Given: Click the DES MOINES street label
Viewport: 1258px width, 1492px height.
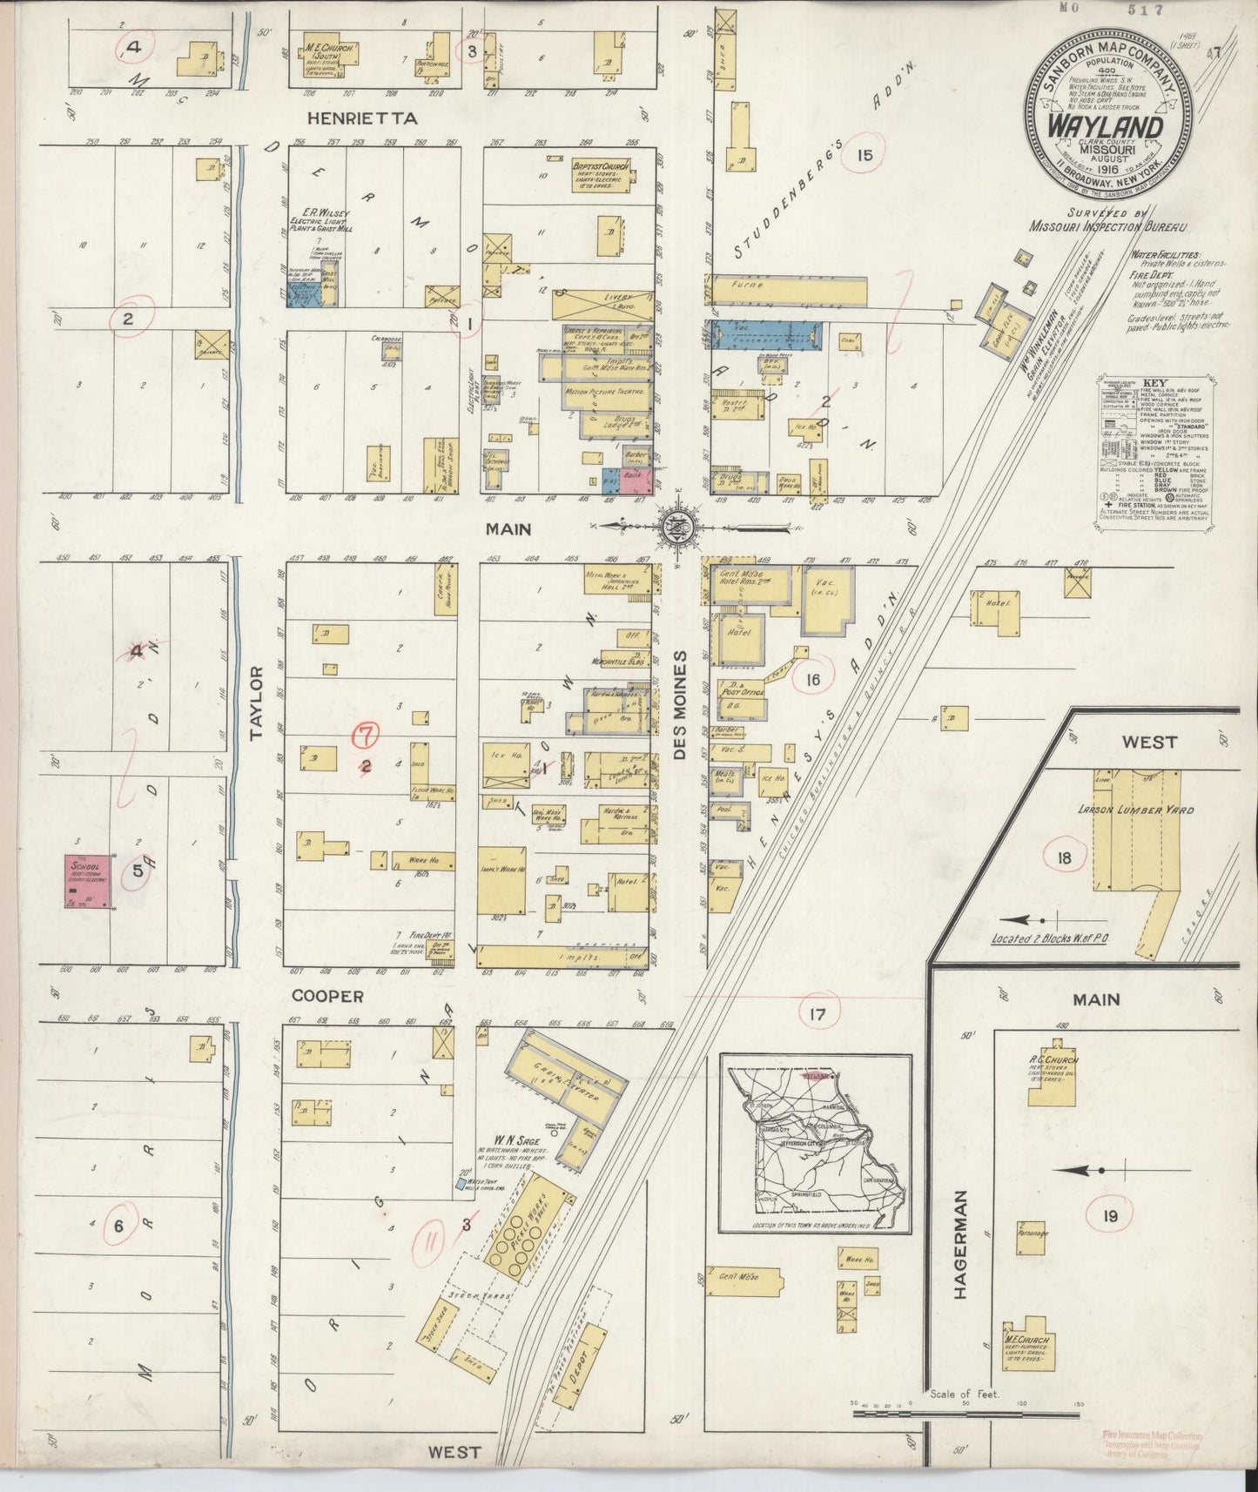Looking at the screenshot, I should click(x=681, y=705).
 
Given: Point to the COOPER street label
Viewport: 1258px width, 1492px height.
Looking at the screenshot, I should click(x=327, y=995).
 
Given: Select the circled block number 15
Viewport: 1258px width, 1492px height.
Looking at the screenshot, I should click(x=864, y=155).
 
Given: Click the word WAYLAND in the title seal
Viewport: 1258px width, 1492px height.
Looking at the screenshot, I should click(x=1106, y=126).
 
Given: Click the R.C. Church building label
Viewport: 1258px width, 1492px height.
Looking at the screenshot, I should click(x=1051, y=1060).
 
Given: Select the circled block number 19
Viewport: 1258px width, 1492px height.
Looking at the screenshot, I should click(x=1108, y=1215).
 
